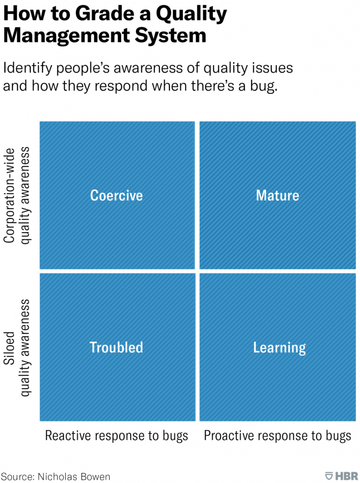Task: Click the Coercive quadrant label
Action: point(117,195)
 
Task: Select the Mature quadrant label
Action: point(277,195)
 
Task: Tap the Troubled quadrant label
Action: point(117,347)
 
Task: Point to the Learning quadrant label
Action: point(280,348)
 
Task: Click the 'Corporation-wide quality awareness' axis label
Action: point(17,196)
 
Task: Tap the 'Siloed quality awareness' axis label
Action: point(17,348)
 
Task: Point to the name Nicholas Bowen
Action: point(74,476)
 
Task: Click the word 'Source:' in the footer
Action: point(18,476)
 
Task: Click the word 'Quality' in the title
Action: point(191,15)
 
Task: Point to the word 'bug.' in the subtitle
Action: point(264,86)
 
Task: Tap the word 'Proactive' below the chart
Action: point(229,435)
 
